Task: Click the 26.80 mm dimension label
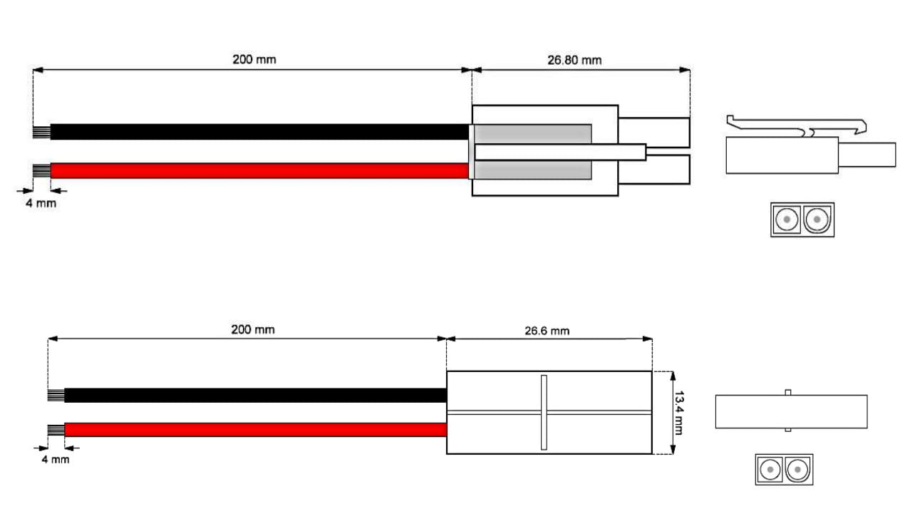coord(574,60)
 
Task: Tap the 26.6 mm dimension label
coord(547,331)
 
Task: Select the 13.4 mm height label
coord(678,413)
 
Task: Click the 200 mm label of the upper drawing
coord(254,59)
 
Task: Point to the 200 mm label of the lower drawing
coord(253,329)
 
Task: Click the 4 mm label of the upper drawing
coord(41,203)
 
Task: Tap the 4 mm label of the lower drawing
coord(56,460)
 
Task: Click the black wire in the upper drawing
coord(259,132)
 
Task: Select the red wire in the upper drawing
coord(259,170)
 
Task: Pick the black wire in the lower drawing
coord(256,396)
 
